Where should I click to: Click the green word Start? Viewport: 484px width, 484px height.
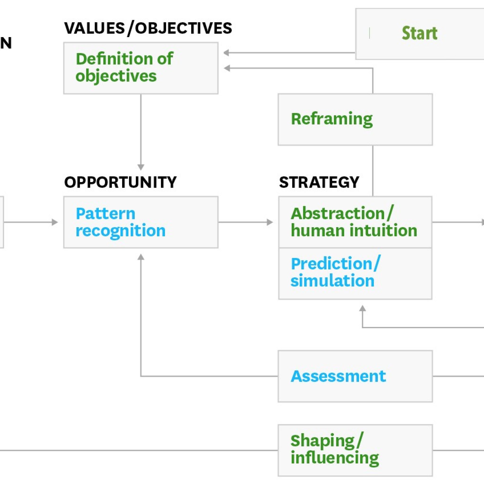coord(420,33)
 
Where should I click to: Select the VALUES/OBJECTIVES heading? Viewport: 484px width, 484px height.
coord(148,28)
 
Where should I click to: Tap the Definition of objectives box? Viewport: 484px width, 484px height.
coord(141,68)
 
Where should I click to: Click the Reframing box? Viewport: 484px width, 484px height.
coord(355,120)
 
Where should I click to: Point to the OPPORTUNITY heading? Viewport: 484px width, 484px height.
coord(120,182)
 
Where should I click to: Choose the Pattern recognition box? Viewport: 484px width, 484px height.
coord(141,222)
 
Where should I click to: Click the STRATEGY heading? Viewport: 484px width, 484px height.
coord(319,182)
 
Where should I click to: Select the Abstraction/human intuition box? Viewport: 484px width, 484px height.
coord(355,222)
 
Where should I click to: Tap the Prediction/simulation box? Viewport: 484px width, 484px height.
coord(355,274)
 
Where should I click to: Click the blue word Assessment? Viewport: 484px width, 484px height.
coord(338,376)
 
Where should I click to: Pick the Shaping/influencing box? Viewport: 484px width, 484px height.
coord(355,450)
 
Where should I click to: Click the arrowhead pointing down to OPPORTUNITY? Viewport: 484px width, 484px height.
coord(141,167)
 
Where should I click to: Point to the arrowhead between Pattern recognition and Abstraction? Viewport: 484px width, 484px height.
coord(270,222)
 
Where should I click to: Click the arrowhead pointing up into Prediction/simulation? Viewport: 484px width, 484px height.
coord(363,308)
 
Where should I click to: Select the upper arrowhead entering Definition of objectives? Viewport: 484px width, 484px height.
coord(226,53)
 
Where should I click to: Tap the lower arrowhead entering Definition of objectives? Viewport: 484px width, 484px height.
coord(227,68)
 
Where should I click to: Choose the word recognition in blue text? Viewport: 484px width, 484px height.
coord(121,231)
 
